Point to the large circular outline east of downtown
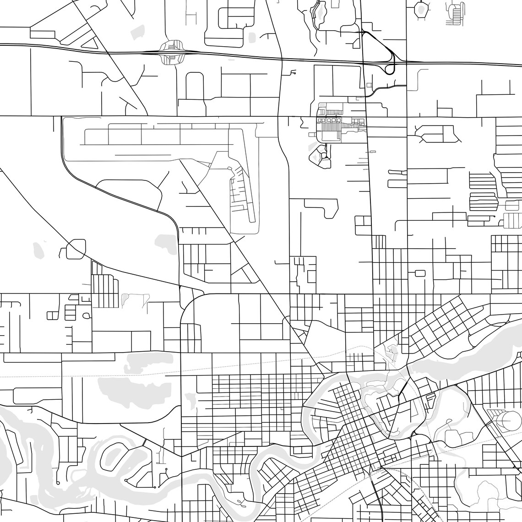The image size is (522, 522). [509, 419]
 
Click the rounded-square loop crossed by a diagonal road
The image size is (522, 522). [76, 249]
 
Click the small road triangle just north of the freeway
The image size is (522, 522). [90, 42]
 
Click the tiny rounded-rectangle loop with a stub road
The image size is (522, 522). [419, 273]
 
